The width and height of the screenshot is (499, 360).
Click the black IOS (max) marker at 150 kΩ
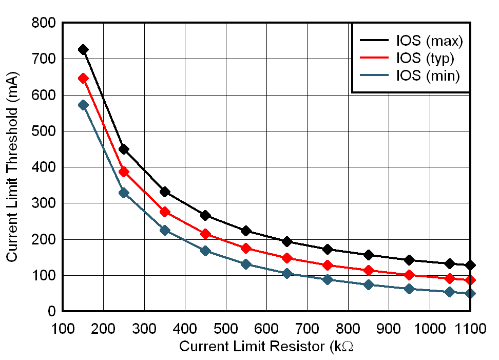83,50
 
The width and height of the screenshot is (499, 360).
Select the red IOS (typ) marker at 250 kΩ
124,172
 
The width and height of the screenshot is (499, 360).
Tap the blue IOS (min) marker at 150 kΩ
83,105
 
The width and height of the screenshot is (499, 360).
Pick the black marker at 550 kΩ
246,231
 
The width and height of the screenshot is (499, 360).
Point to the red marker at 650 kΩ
287,258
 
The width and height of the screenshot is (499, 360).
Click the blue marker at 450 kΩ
205,251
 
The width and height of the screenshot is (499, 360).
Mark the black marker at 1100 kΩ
470,265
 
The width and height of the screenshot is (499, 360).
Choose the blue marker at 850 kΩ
368,285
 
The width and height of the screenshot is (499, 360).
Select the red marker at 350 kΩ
165,212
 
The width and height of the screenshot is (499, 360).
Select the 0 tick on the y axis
52,312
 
